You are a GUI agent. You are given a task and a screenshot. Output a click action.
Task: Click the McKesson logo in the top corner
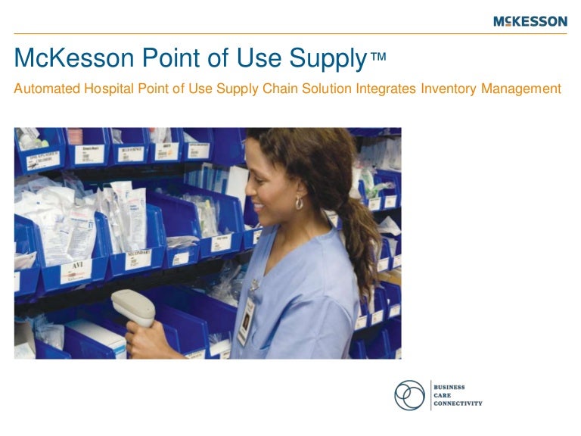click(x=530, y=21)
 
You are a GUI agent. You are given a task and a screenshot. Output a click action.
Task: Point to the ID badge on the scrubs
click(x=247, y=322)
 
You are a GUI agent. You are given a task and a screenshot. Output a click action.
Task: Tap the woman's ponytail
click(x=366, y=227)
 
